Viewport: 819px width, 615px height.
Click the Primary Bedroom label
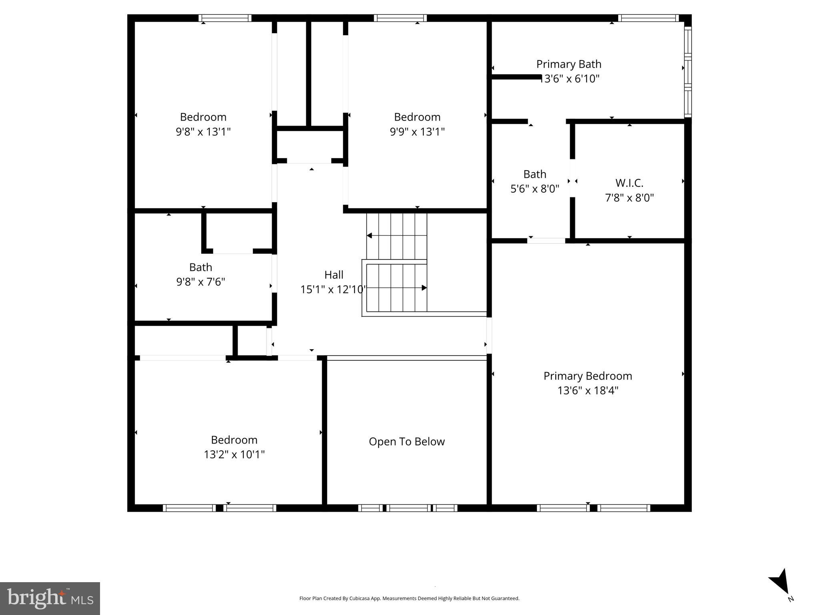587,376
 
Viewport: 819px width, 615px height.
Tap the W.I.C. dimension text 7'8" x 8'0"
629,198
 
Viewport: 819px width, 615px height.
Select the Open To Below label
406,442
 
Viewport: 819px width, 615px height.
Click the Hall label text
334,275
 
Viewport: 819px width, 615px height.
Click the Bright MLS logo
50,598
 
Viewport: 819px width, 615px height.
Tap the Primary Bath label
569,64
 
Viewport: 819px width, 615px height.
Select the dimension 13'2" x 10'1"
234,454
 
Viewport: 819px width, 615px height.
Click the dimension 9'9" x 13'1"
417,132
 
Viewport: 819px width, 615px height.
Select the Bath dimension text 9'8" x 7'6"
200,282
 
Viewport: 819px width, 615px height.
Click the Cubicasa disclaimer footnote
409,599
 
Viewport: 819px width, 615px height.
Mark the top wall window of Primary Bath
648,18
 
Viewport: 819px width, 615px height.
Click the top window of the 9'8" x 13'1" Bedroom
225,18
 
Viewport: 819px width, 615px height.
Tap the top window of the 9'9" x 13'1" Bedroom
400,18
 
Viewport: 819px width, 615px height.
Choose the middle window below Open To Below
408,508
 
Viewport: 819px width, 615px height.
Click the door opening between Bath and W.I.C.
573,178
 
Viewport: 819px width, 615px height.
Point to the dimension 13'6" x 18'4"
587,390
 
